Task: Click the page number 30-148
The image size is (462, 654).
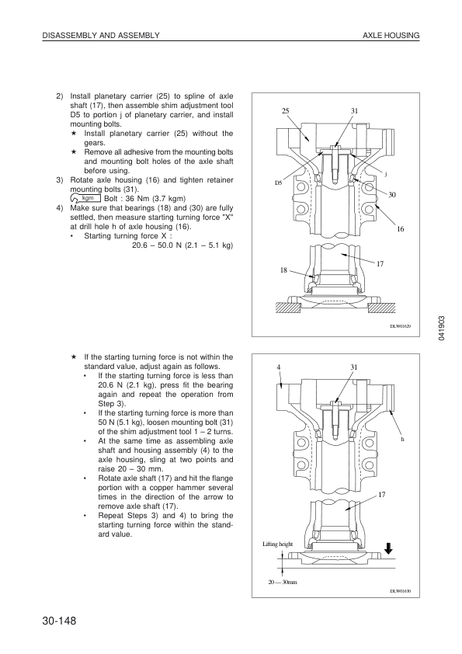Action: click(x=59, y=621)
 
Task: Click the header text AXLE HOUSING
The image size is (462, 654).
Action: click(x=391, y=36)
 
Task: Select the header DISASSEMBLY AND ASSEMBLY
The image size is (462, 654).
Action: click(x=101, y=36)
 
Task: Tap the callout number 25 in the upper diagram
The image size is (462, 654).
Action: click(x=285, y=110)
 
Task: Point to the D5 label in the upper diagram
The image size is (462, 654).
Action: click(x=278, y=183)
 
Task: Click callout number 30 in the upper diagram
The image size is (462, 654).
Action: click(x=392, y=195)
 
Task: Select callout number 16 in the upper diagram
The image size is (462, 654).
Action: click(x=401, y=229)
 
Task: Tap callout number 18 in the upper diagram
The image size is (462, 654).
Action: click(x=283, y=270)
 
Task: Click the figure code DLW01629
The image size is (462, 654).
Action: click(x=401, y=325)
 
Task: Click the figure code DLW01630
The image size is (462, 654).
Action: click(x=401, y=590)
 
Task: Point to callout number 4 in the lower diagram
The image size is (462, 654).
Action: click(x=279, y=367)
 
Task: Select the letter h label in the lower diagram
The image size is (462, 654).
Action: click(x=403, y=439)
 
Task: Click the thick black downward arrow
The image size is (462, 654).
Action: click(x=388, y=548)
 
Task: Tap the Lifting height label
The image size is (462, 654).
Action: click(x=278, y=544)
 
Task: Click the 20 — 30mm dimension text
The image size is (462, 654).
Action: click(x=283, y=582)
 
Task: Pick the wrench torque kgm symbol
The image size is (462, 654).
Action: click(x=85, y=199)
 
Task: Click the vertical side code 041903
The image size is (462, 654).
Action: click(x=442, y=329)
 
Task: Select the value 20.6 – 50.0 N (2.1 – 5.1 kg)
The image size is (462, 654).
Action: click(x=182, y=245)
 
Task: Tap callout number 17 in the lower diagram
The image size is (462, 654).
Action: click(x=381, y=495)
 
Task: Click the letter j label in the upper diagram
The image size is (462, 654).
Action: click(x=385, y=174)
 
